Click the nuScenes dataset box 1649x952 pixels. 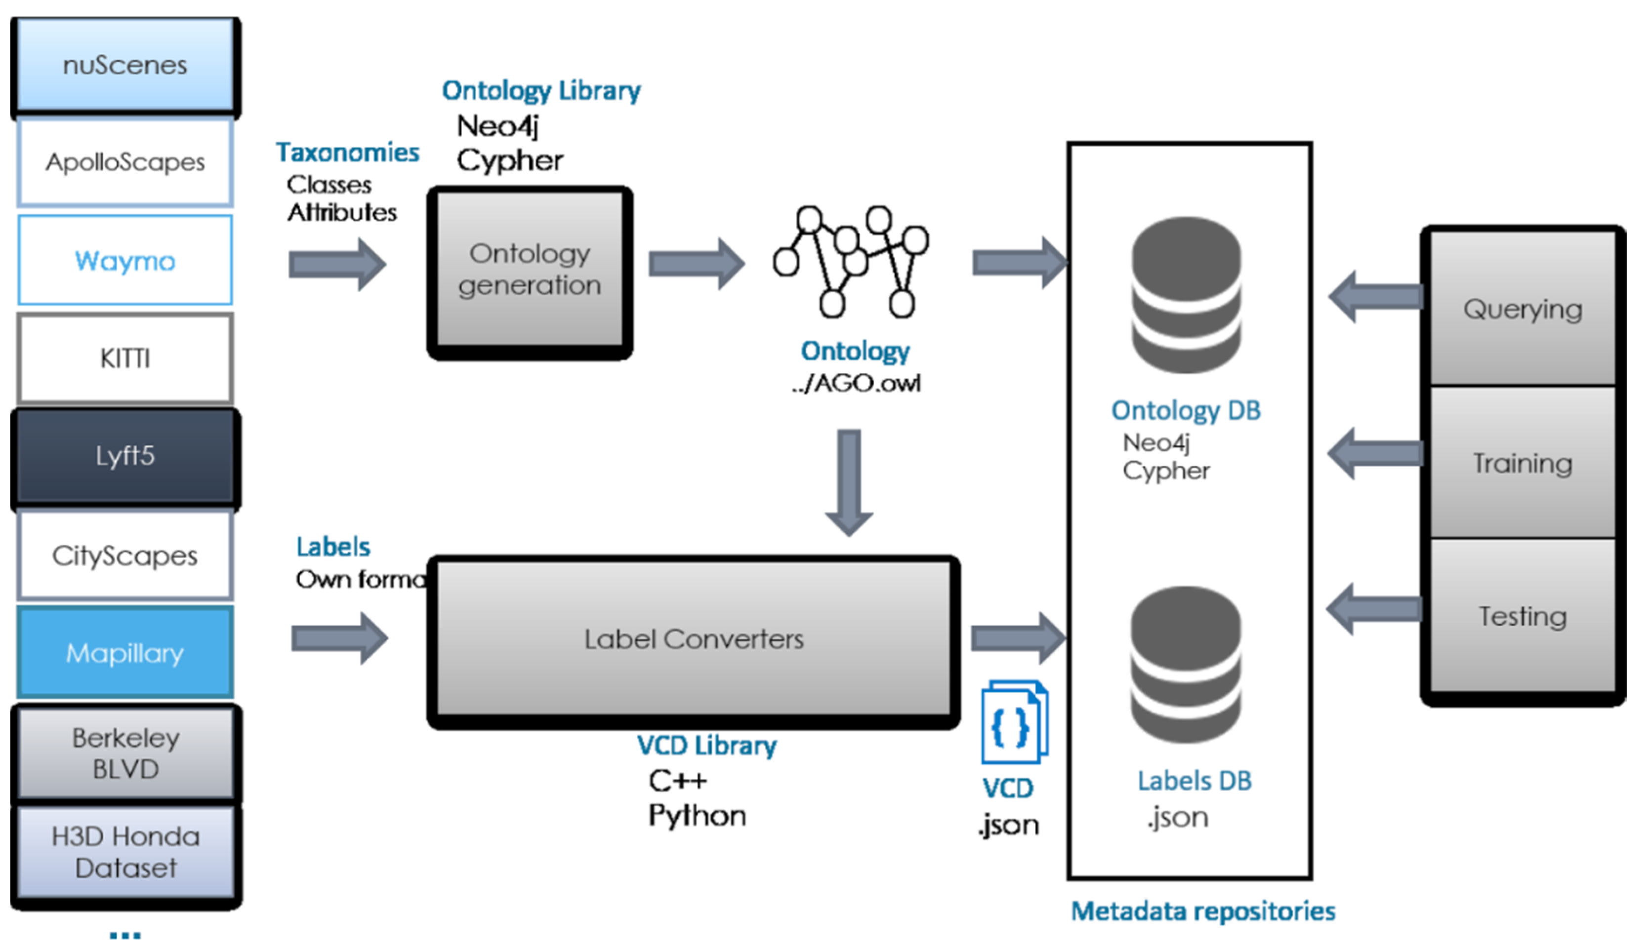125,65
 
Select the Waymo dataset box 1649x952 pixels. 125,260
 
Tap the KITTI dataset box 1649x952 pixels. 125,358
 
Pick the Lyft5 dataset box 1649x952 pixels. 125,456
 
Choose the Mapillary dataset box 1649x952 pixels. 125,653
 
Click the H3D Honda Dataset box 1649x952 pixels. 125,852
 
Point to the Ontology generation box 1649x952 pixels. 530,270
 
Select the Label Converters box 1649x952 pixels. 694,639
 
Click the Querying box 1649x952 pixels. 1523,309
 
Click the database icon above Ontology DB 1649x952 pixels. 1186,296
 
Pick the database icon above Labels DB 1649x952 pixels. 1186,665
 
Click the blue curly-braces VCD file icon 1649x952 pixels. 1013,722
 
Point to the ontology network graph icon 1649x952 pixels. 850,262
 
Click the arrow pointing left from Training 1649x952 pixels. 1375,453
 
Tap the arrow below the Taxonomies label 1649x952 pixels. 337,264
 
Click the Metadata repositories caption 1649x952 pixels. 1202,911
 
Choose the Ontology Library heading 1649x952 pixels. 541,90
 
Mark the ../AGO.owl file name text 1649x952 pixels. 856,383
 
